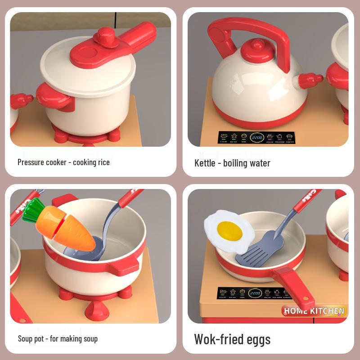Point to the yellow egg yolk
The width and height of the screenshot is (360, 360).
[x=229, y=230]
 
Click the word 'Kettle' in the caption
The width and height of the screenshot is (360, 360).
[x=205, y=163]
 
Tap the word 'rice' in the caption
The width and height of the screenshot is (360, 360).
[x=103, y=162]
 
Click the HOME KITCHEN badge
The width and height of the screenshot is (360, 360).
[x=314, y=310]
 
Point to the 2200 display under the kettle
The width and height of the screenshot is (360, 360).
[x=257, y=137]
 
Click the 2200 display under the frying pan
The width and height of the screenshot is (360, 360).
[x=255, y=293]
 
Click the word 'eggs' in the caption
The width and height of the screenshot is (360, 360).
[x=257, y=339]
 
